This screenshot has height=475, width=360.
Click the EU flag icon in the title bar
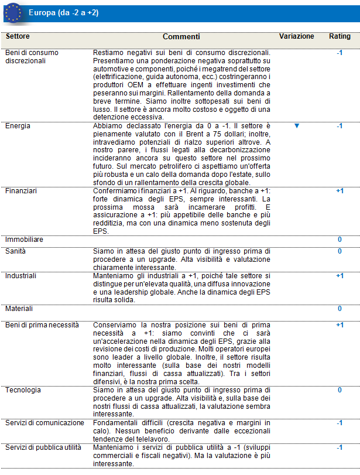click(x=13, y=12)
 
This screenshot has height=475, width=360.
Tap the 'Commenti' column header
click(x=181, y=37)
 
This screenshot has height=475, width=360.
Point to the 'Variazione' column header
click(x=296, y=36)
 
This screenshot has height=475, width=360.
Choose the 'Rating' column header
click(x=340, y=36)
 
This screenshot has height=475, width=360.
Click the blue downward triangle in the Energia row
click(x=297, y=125)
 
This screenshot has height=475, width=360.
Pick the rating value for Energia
click(x=340, y=126)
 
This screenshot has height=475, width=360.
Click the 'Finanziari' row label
click(x=20, y=191)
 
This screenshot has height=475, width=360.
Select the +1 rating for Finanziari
click(x=340, y=191)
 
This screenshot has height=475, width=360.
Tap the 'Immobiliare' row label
click(x=24, y=240)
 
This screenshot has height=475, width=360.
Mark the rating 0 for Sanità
click(x=340, y=251)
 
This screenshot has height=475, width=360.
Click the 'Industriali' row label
click(x=21, y=275)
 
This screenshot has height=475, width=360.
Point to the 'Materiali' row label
click(x=19, y=308)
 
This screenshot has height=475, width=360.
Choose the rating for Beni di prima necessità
click(x=340, y=324)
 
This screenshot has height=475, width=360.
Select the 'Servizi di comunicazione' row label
click(x=45, y=422)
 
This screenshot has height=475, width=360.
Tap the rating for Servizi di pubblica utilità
click(x=340, y=447)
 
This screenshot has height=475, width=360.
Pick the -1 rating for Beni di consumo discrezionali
click(x=340, y=53)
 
